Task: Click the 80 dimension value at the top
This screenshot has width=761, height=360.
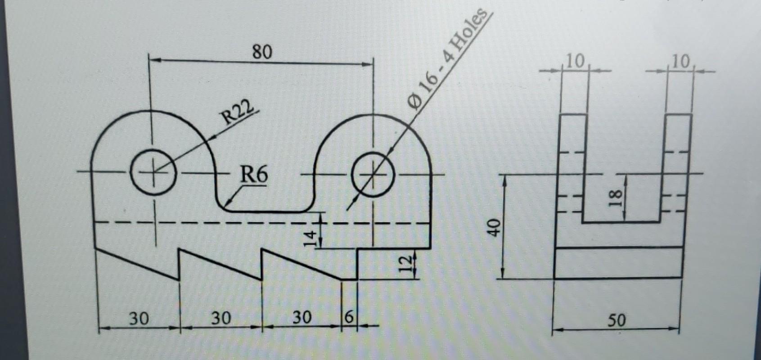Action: pyautogui.click(x=262, y=52)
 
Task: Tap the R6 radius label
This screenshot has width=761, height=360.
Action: pyautogui.click(x=254, y=175)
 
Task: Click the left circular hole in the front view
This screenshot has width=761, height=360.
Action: pyautogui.click(x=153, y=173)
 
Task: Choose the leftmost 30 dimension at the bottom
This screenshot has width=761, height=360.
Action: pyautogui.click(x=139, y=319)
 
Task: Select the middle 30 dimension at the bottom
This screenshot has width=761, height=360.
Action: pyautogui.click(x=221, y=319)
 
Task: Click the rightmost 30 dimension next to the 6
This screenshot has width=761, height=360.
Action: pyautogui.click(x=302, y=318)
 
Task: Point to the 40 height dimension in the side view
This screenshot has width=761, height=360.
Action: pyautogui.click(x=494, y=227)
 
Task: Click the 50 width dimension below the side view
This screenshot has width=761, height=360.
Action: pyautogui.click(x=616, y=320)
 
